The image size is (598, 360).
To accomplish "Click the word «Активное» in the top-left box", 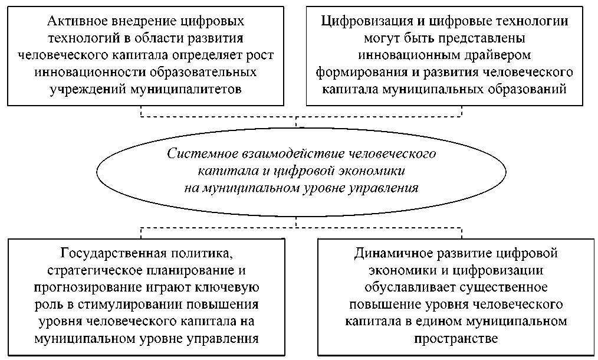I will pyautogui.click(x=74, y=22).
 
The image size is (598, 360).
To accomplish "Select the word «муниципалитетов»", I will pyautogui.click(x=193, y=90).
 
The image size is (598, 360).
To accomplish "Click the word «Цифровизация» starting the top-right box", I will pyautogui.click(x=359, y=22).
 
